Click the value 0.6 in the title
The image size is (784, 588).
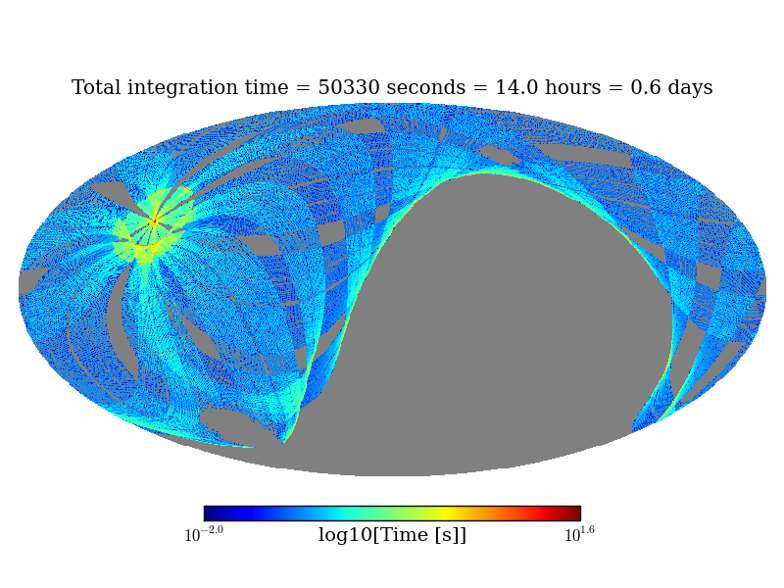point(640,88)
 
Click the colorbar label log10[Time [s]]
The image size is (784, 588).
point(392,535)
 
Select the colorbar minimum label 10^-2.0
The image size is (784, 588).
point(204,535)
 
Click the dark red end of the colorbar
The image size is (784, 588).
point(575,514)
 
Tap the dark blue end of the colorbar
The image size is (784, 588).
point(209,514)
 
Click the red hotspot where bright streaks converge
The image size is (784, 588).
point(154,221)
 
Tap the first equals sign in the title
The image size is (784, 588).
point(304,88)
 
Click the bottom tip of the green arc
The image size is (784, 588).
point(285,442)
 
